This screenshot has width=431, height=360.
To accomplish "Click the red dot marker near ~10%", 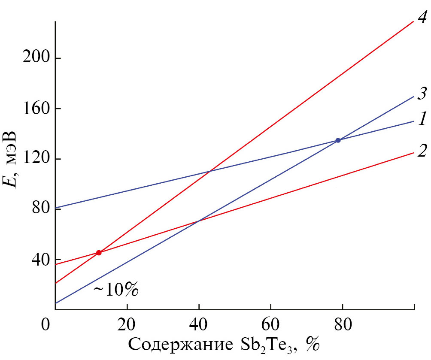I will [99, 253].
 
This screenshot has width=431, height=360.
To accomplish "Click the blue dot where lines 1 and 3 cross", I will [338, 140].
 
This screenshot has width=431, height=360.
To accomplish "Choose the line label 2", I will [422, 150].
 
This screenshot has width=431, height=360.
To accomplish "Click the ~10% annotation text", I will [116, 290].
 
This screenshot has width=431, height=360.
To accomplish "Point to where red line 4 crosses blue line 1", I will [209, 172].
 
